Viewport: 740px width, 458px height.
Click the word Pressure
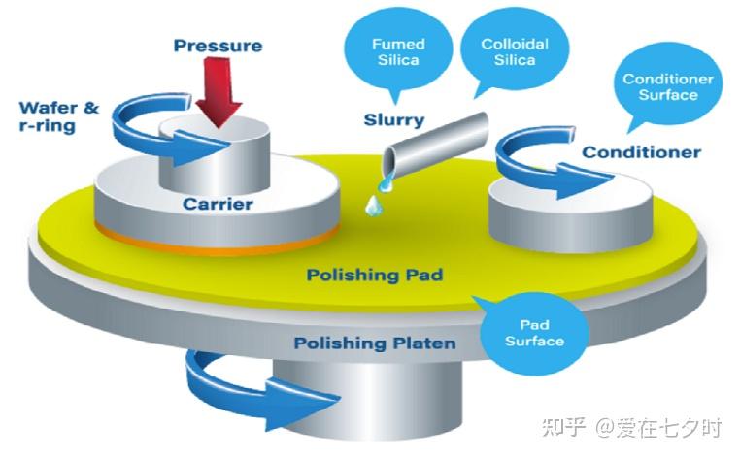219,46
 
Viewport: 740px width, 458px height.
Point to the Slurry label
393,120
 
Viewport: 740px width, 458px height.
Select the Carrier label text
218,205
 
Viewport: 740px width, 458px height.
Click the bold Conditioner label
641,152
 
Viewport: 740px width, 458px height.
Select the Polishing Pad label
375,275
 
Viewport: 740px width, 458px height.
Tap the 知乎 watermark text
563,426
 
